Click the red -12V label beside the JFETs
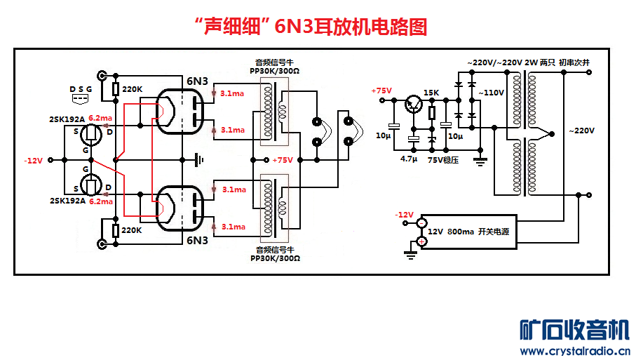coord(34,161)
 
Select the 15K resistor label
coord(431,93)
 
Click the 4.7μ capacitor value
coord(410,159)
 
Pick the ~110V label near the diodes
coord(491,93)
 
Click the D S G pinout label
coord(80,89)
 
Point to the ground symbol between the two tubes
coord(201,160)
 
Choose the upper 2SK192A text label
coord(67,119)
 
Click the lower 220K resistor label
coord(133,230)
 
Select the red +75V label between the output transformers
coord(283,160)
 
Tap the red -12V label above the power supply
coord(405,215)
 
